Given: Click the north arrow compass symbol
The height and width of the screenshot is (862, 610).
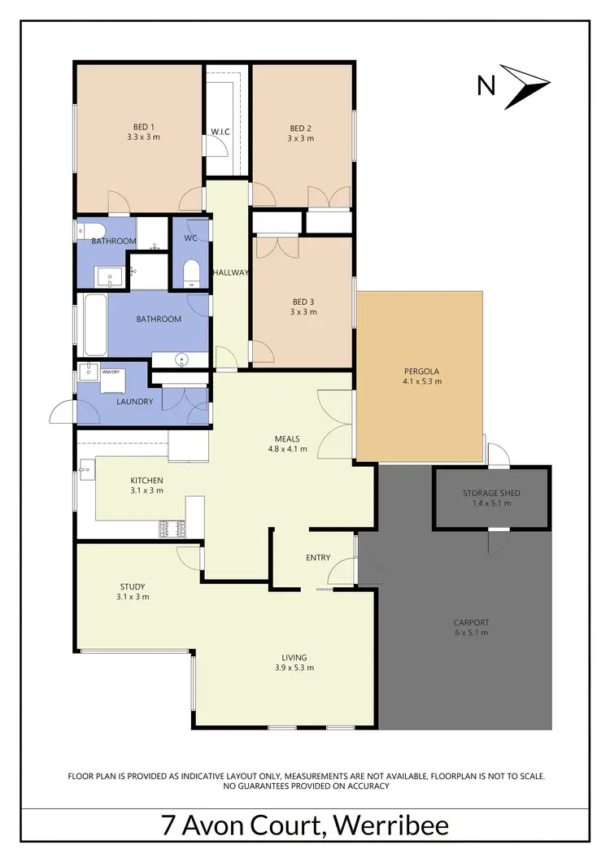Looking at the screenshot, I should (x=526, y=85).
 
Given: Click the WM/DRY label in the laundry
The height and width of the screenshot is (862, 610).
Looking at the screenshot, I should (x=110, y=372).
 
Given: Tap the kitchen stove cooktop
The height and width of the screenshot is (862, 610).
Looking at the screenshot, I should (x=172, y=529).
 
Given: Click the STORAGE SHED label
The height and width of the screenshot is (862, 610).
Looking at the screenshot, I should (x=491, y=493).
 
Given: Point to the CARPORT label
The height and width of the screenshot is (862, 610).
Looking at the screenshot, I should (x=472, y=623).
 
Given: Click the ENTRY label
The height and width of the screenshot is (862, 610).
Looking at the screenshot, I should (x=318, y=557).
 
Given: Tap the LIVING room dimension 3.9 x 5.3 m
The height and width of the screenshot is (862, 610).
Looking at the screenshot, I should (x=290, y=668).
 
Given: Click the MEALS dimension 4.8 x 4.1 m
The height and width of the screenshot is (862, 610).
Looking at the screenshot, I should (x=288, y=448).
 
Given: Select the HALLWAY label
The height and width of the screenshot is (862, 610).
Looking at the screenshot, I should (x=230, y=272).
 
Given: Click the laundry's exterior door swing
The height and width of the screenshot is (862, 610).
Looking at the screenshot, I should (x=63, y=413).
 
